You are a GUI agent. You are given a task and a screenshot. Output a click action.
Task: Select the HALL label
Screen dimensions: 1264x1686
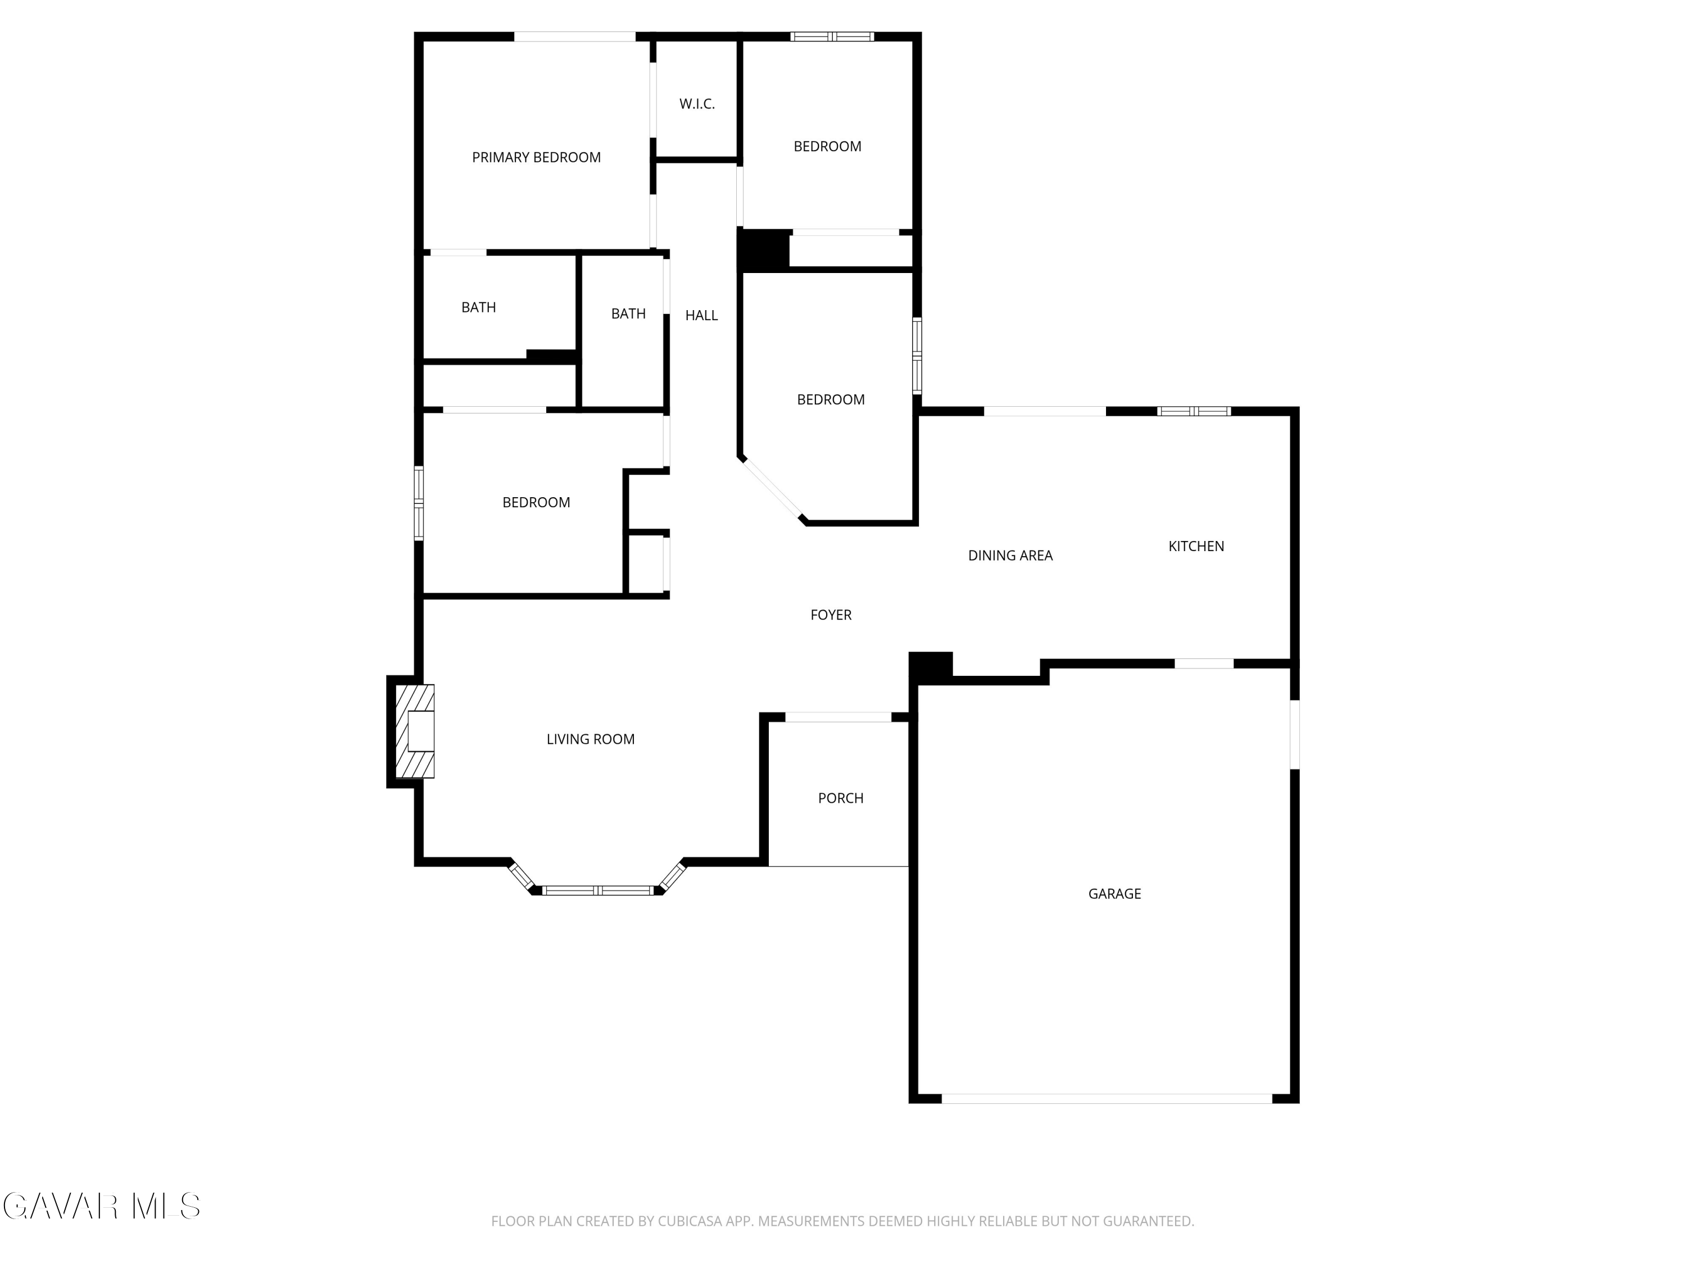pos(701,315)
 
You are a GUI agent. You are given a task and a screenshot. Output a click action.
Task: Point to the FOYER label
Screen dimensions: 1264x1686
pos(831,615)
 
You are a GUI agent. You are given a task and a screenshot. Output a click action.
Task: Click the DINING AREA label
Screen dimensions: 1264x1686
pos(1010,556)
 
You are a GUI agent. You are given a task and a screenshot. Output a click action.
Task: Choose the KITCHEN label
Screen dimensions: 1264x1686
pos(1196,546)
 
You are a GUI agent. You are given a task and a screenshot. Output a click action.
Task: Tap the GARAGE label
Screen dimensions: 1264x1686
pos(1114,894)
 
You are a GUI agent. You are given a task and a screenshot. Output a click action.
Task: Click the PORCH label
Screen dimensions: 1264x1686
pos(841,798)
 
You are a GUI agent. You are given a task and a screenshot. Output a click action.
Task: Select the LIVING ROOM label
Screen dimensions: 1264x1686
pos(590,739)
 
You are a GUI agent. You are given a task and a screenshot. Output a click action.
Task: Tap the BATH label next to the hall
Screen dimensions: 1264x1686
pos(628,314)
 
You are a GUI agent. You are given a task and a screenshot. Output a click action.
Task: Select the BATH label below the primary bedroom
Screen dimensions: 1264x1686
pos(479,308)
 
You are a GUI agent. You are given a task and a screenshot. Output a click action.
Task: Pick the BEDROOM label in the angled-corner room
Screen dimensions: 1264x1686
pos(831,400)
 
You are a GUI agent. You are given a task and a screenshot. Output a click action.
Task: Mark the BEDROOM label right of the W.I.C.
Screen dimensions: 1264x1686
pos(827,146)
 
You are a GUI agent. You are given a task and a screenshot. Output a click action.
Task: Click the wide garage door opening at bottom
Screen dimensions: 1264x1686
pos(1107,1099)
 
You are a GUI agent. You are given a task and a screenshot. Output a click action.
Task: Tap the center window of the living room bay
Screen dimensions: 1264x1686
pos(599,890)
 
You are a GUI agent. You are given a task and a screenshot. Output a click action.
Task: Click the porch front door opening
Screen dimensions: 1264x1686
pos(838,717)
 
